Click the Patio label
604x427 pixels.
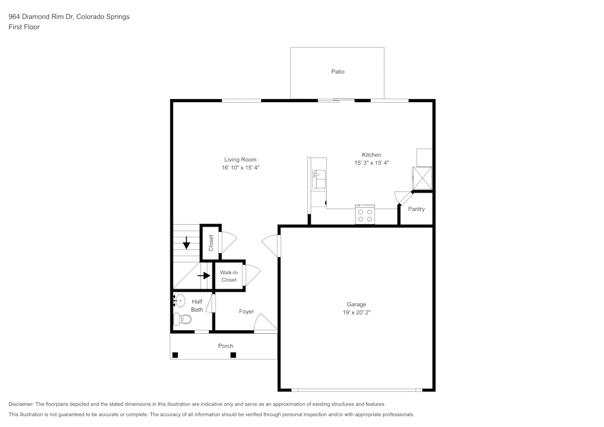[338, 72]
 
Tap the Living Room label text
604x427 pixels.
[240, 160]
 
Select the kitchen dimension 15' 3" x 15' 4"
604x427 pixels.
[371, 162]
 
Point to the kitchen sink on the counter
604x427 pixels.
[318, 179]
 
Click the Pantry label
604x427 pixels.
[416, 209]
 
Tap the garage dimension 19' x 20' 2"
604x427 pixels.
[356, 313]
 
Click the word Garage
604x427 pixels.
[356, 304]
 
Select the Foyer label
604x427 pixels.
[246, 312]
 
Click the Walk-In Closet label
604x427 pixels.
[229, 276]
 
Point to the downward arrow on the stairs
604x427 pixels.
[187, 243]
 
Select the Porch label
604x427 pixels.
[225, 346]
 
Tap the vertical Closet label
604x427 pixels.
[211, 243]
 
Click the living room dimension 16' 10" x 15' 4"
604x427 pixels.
[240, 168]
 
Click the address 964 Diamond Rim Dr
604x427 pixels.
[39, 17]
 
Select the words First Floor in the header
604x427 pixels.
[24, 27]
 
